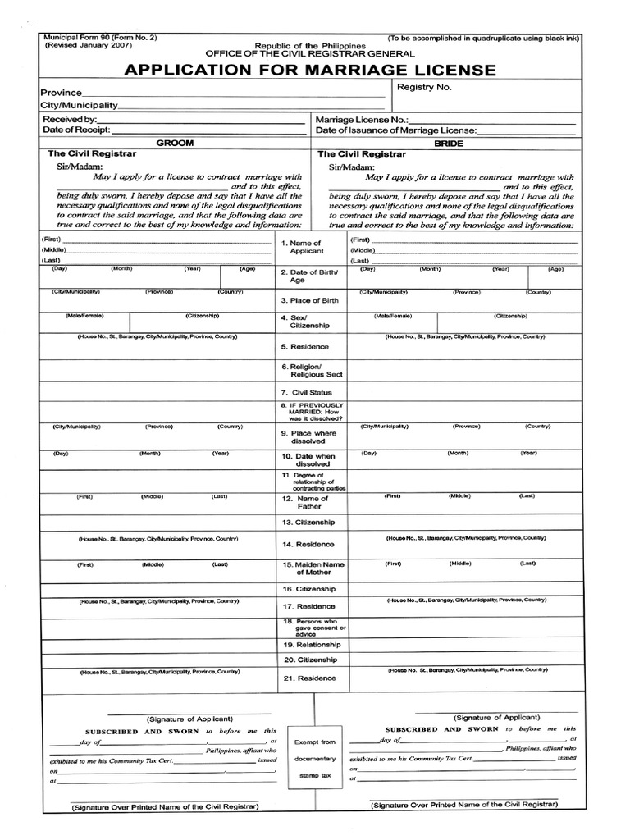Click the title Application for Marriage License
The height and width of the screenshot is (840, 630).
311,70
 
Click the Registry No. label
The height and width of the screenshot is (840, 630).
424,87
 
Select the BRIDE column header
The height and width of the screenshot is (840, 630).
450,143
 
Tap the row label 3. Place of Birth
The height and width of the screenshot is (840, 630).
309,301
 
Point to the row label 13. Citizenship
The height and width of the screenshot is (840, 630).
309,522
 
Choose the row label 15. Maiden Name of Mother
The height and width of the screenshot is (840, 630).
312,568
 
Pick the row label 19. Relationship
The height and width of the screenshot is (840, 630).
311,645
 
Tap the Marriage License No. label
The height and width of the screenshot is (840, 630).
362,120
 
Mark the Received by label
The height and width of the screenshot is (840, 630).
68,120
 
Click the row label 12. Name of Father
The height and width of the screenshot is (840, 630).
311,502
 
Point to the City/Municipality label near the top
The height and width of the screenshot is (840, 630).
80,107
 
